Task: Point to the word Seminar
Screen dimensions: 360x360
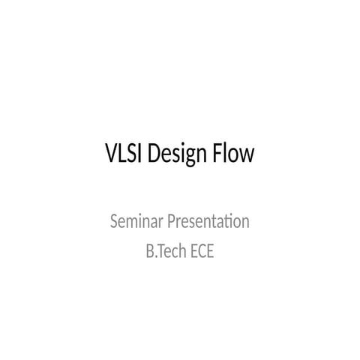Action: tap(133, 222)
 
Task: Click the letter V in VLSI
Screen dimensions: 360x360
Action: tap(111, 155)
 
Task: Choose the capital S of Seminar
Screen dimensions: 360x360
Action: tap(114, 222)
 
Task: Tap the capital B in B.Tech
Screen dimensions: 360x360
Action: tap(149, 251)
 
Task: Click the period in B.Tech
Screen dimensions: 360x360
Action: tap(156, 256)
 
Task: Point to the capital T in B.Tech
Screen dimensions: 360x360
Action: tap(162, 251)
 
